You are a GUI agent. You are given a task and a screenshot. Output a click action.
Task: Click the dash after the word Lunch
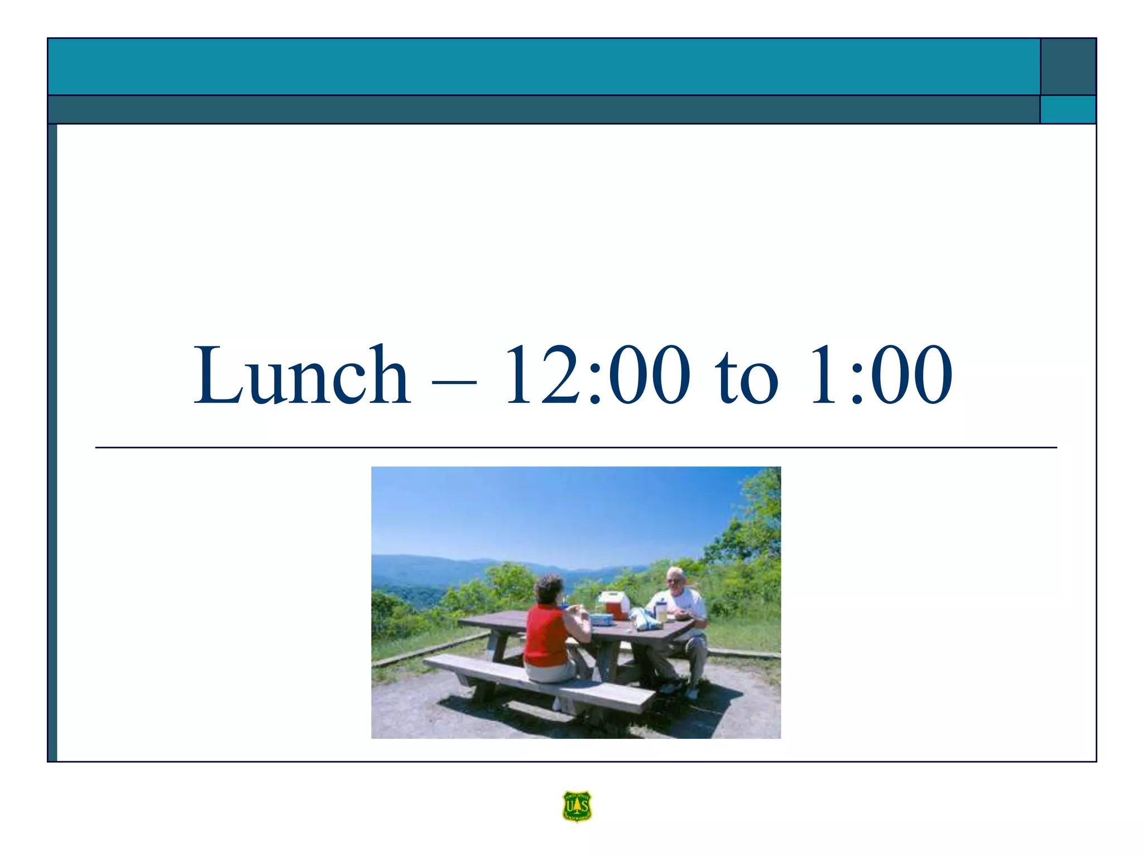(x=454, y=382)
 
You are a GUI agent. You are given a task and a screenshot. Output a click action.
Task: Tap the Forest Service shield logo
(x=577, y=806)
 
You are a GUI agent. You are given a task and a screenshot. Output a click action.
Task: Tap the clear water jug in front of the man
(x=661, y=610)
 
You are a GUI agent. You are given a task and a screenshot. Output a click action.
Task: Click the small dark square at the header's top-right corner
(x=1068, y=66)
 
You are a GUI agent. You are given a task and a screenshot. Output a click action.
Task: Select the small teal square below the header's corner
(x=1068, y=109)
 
